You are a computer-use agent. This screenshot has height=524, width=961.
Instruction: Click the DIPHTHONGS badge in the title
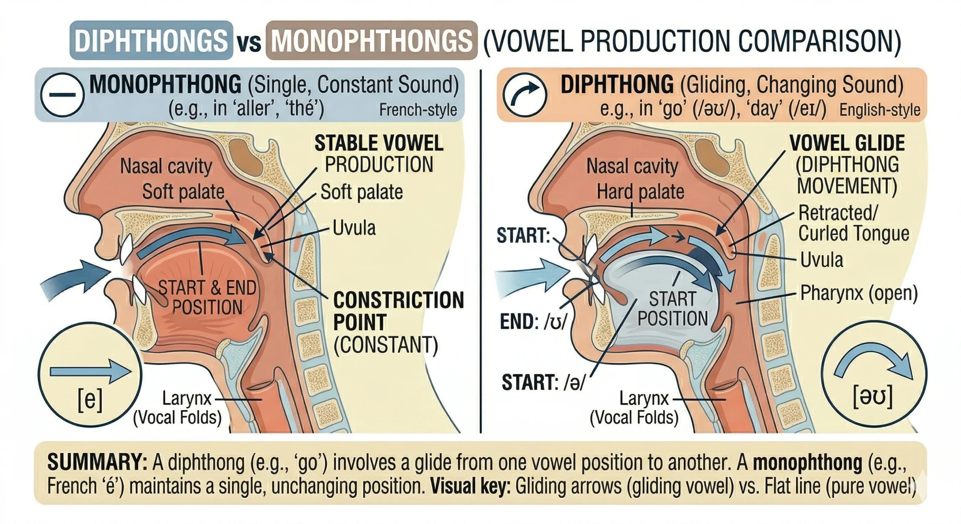pos(151,40)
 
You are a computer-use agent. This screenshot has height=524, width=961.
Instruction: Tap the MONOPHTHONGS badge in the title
pos(371,40)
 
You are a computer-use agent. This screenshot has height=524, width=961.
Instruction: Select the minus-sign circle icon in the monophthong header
pos(62,95)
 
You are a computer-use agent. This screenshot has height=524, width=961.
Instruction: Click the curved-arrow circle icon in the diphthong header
pos(524,95)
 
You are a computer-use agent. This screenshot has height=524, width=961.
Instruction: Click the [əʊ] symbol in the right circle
pos(873,396)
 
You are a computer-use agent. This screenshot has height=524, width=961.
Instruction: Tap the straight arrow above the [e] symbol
pos(90,371)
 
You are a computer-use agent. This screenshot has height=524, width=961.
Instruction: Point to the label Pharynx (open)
pos(859,293)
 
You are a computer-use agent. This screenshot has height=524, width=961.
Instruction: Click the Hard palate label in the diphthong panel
pos(640,192)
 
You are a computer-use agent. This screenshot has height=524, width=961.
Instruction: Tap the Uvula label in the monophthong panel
pos(354,228)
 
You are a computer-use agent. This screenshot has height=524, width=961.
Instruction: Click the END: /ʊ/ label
pos(533,322)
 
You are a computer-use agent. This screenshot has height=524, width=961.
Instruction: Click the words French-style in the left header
pos(418,110)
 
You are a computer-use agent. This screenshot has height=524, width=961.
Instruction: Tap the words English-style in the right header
pos(880,110)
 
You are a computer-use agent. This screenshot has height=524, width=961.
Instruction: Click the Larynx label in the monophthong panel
pos(187,398)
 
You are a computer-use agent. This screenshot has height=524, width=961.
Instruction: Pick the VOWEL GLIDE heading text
pos(847,143)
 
